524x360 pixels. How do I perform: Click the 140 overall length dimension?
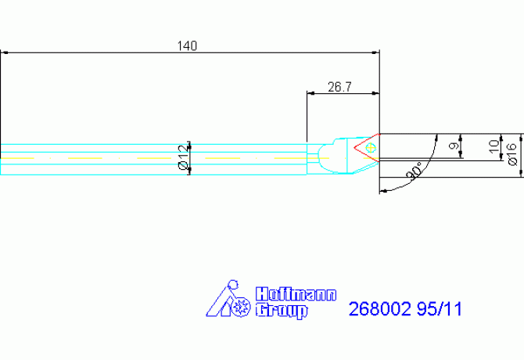[x=187, y=46]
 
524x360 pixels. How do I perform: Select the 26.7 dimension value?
[x=339, y=86]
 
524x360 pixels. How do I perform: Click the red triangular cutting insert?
[x=364, y=147]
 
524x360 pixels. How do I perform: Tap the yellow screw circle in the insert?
[x=371, y=146]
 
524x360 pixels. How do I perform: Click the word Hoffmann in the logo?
[x=296, y=295]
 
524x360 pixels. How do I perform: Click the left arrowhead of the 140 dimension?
[x=5, y=53]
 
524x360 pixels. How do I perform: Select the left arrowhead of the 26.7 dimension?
[x=310, y=93]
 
